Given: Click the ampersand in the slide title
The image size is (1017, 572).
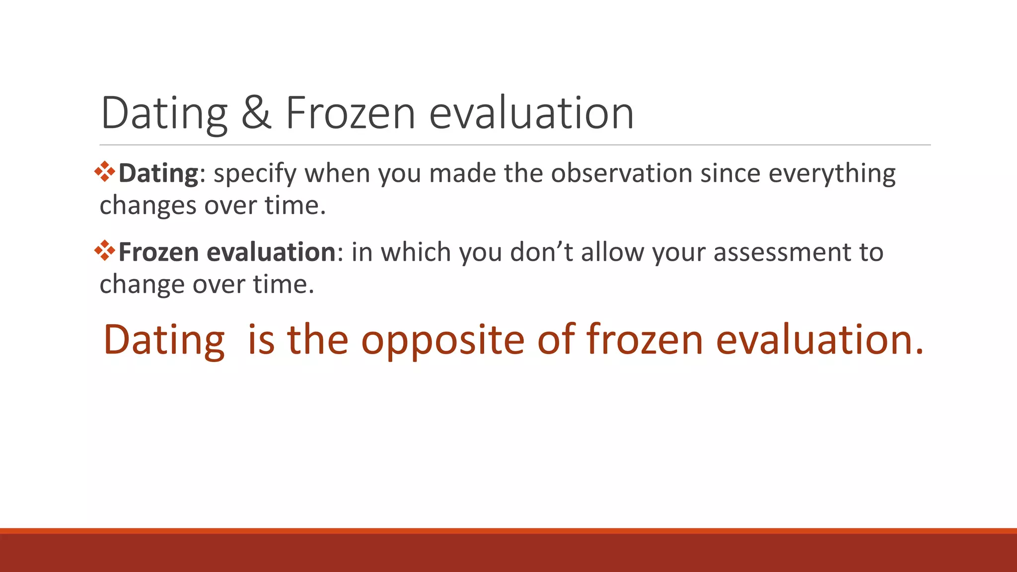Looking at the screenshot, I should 257,113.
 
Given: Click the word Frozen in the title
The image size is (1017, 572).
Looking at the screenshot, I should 350,113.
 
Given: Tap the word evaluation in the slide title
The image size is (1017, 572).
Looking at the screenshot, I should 531,113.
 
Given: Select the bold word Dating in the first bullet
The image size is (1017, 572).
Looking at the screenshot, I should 158,174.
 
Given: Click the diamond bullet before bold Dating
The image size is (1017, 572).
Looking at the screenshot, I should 105,172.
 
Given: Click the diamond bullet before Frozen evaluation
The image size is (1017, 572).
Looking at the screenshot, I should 105,251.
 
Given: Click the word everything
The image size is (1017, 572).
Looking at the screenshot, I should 832,174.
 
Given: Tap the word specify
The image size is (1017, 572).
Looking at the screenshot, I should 255,174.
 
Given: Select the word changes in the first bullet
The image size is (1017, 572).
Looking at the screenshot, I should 147,206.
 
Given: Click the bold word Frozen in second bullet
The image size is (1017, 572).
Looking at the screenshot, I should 158,252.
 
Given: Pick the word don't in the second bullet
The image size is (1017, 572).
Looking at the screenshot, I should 541,252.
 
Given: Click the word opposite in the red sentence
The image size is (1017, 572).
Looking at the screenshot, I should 442,340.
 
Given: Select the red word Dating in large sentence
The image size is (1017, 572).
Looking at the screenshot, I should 164,340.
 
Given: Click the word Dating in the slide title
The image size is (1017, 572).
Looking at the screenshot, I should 164,113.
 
